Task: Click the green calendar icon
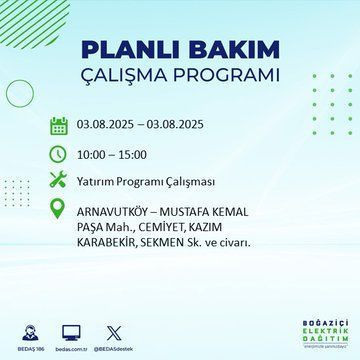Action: (x=59, y=126)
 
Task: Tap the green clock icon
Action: (x=59, y=155)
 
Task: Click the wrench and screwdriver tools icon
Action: (x=59, y=184)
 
